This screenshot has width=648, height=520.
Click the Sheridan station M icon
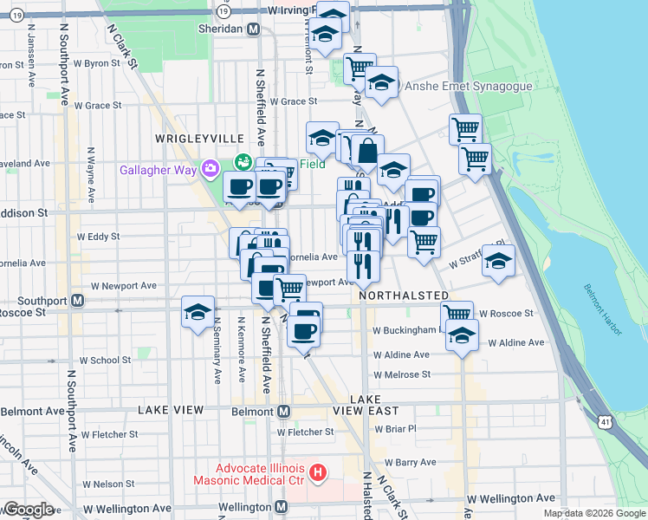(253, 29)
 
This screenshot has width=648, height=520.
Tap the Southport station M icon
(77, 301)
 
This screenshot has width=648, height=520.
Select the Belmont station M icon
(282, 410)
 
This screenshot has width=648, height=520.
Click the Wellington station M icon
(280, 507)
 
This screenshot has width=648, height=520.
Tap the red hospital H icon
(318, 473)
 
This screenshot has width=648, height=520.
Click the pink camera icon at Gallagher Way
(209, 169)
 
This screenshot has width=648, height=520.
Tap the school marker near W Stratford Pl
(498, 261)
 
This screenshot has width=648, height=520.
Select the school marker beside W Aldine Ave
(462, 334)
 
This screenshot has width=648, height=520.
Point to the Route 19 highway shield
(224, 11)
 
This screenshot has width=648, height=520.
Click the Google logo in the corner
(29, 510)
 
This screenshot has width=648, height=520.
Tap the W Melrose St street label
(402, 374)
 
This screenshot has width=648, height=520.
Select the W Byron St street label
(96, 63)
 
